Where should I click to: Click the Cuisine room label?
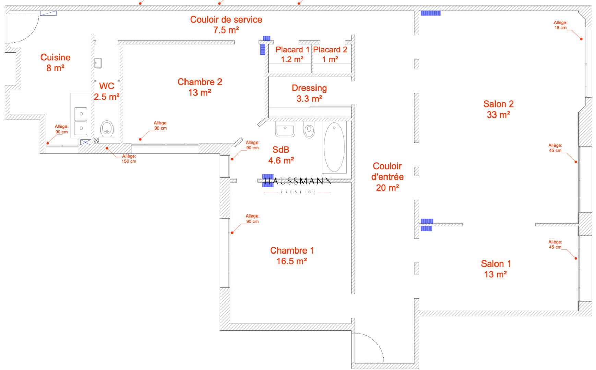pyautogui.click(x=55, y=63)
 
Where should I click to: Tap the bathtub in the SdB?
pyautogui.click(x=334, y=147)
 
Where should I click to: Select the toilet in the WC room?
pyautogui.click(x=107, y=132)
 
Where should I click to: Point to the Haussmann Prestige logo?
pyautogui.click(x=298, y=185)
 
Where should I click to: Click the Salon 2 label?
pyautogui.click(x=498, y=109)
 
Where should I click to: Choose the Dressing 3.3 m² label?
pyautogui.click(x=309, y=93)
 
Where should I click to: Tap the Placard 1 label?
pyautogui.click(x=292, y=54)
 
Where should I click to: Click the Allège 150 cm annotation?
pyautogui.click(x=129, y=159)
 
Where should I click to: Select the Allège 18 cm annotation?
pyautogui.click(x=561, y=25)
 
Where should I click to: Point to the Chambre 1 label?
pyautogui.click(x=292, y=256)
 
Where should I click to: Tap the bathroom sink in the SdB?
pyautogui.click(x=285, y=129)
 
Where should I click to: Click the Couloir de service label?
pyautogui.click(x=226, y=25)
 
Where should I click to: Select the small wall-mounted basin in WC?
pyautogui.click(x=98, y=63)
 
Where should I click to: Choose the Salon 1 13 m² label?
pyautogui.click(x=496, y=269)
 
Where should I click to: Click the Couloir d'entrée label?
pyautogui.click(x=388, y=177)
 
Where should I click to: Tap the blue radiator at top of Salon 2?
pyautogui.click(x=431, y=13)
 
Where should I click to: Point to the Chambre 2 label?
pyautogui.click(x=200, y=87)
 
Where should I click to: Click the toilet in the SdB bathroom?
pyautogui.click(x=309, y=130)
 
